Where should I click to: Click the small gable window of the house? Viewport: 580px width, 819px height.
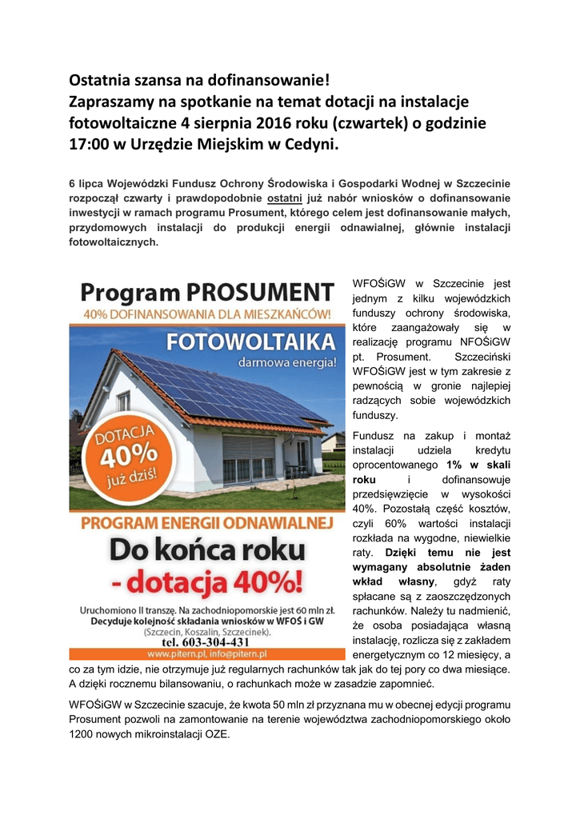[x=123, y=401]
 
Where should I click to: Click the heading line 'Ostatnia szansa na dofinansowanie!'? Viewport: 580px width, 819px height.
[x=199, y=80]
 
